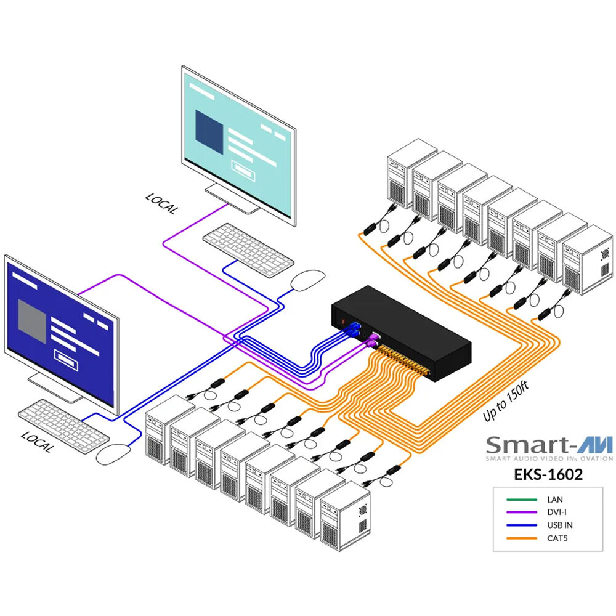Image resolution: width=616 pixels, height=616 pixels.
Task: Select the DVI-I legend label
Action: [x=556, y=512]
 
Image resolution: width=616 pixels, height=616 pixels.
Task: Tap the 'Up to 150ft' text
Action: [x=506, y=402]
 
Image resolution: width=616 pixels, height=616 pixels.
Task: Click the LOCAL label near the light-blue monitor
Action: [x=161, y=204]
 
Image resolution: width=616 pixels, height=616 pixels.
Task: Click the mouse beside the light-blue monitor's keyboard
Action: [x=307, y=280]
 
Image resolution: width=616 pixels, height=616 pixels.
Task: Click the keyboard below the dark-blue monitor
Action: [x=63, y=421]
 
